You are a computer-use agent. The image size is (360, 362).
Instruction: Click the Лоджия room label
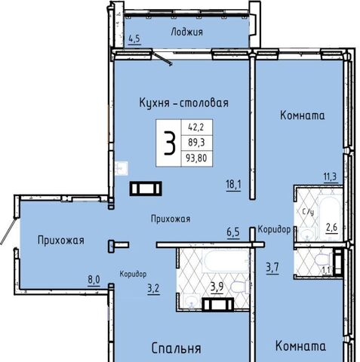pyautogui.click(x=186, y=32)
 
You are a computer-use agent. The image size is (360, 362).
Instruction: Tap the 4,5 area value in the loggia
pyautogui.click(x=134, y=39)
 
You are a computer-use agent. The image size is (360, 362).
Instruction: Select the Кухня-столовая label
pyautogui.click(x=184, y=103)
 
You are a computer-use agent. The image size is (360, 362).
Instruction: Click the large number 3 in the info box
pyautogui.click(x=169, y=143)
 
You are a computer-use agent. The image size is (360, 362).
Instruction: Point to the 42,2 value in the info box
pyautogui.click(x=196, y=127)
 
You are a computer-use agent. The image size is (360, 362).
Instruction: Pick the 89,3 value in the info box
pyautogui.click(x=196, y=143)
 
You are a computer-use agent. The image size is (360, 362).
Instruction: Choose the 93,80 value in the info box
pyautogui.click(x=196, y=158)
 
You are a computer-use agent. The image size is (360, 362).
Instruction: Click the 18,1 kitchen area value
pyautogui.click(x=233, y=185)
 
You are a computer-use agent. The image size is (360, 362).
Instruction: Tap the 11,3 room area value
pyautogui.click(x=330, y=176)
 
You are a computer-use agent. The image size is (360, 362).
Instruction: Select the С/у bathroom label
pyautogui.click(x=308, y=212)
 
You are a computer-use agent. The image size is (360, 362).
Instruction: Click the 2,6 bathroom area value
pyautogui.click(x=331, y=228)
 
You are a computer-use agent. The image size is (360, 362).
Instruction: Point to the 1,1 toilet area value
pyautogui.click(x=326, y=271)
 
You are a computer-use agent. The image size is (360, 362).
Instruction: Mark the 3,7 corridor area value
pyautogui.click(x=272, y=267)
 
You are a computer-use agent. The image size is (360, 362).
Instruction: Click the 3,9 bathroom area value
pyautogui.click(x=217, y=287)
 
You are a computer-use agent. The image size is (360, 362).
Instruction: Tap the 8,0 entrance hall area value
pyautogui.click(x=94, y=280)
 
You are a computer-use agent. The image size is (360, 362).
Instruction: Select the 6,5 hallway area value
pyautogui.click(x=233, y=232)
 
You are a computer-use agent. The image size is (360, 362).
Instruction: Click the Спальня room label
pyautogui.click(x=177, y=348)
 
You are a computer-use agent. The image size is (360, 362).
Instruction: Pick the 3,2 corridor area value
pyautogui.click(x=153, y=288)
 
